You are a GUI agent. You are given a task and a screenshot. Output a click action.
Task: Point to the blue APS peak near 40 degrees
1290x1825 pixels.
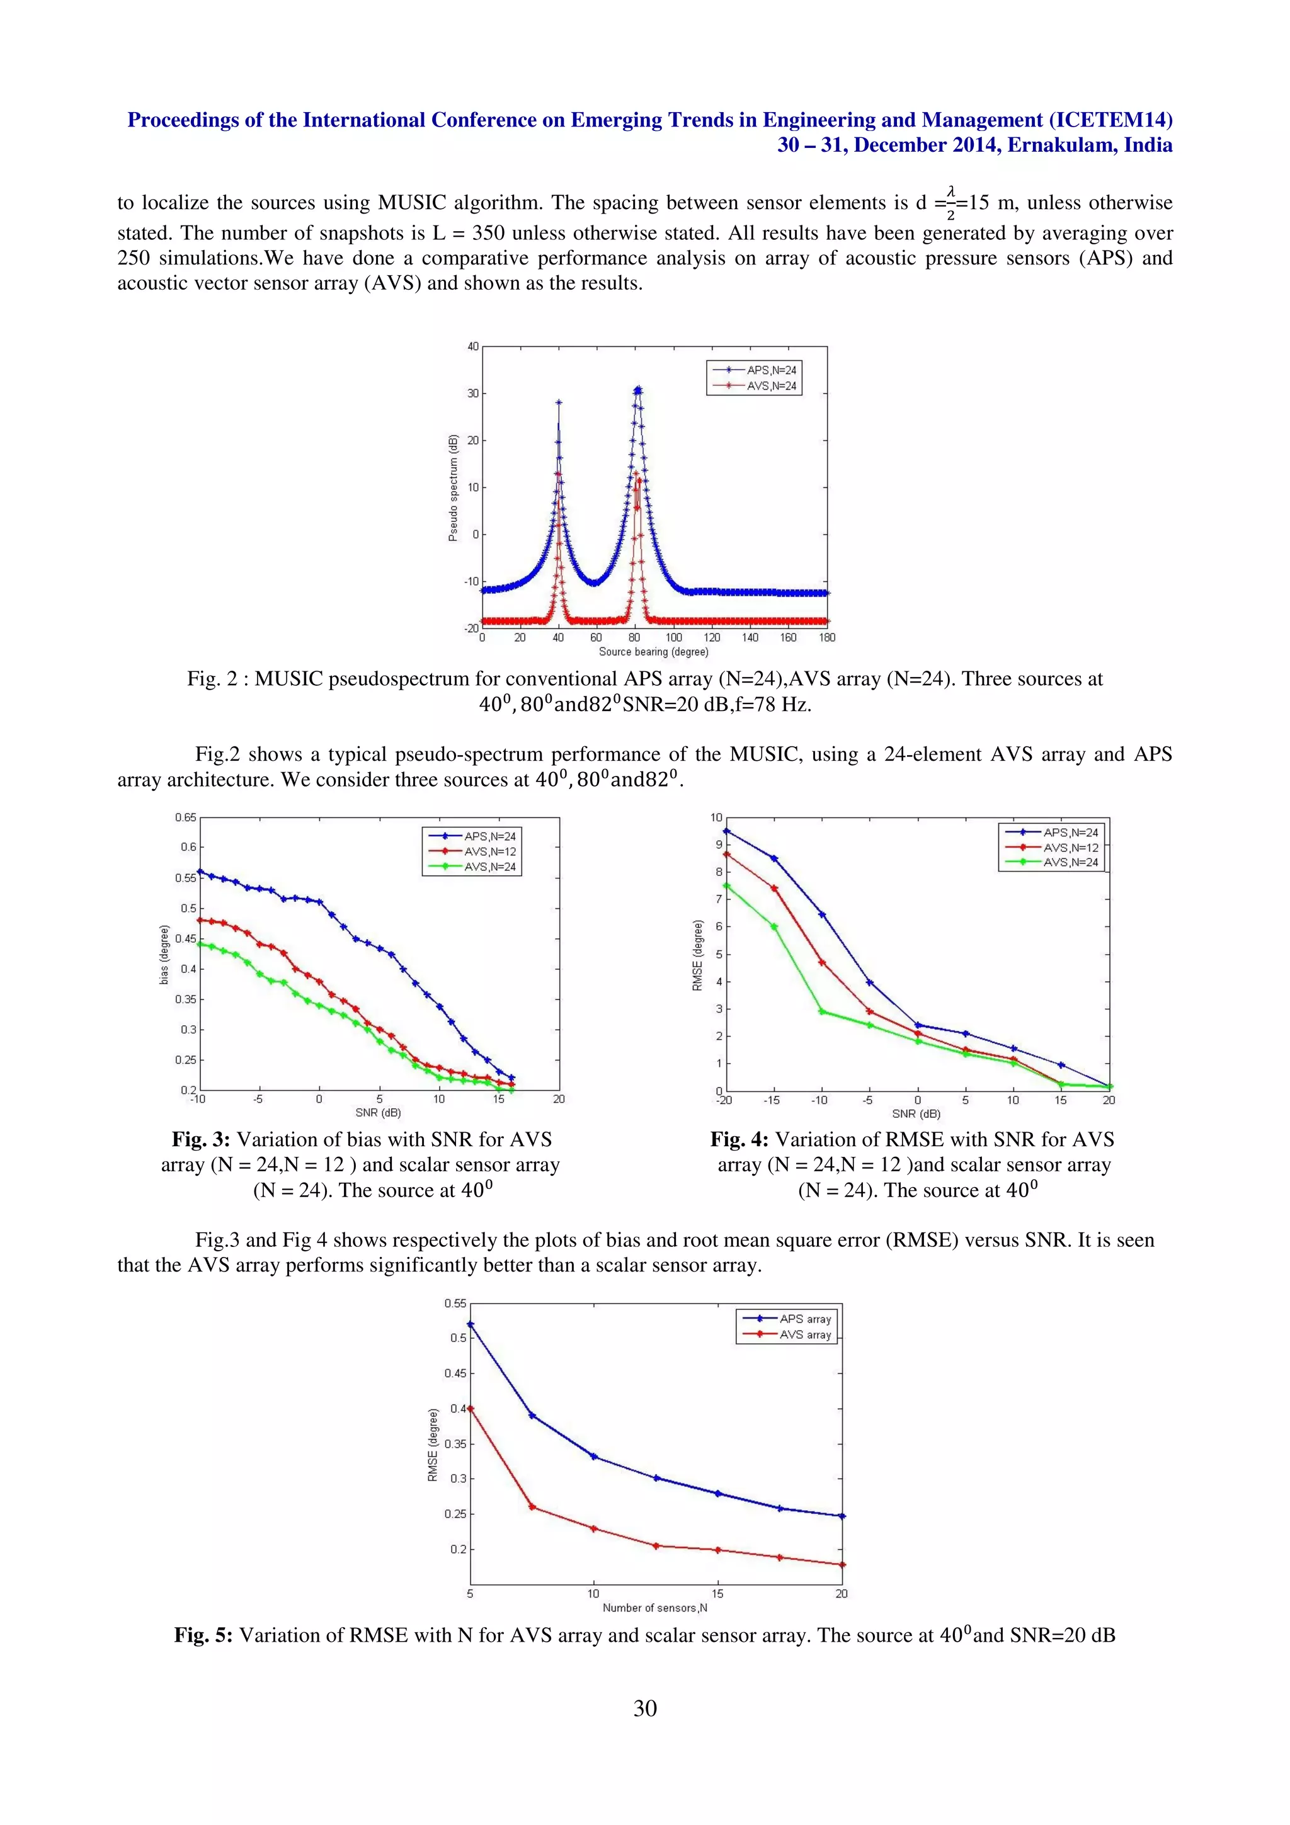(559, 403)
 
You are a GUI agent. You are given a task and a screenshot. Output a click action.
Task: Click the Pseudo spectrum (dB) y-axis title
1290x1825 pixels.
(453, 488)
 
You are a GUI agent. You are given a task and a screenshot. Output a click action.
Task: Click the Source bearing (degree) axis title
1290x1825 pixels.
(653, 652)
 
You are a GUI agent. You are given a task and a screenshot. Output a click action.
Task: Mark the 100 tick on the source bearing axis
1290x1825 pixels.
(674, 637)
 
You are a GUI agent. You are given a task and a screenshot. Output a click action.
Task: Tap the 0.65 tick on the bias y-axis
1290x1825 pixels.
(185, 817)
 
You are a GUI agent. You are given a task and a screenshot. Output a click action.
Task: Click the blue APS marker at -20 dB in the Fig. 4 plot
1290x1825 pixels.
(726, 831)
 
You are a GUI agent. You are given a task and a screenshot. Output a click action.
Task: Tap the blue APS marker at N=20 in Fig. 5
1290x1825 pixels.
(842, 1516)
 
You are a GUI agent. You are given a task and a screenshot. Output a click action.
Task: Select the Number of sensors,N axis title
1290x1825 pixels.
(655, 1608)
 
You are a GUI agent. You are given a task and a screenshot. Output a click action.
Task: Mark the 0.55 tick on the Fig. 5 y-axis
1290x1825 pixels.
(455, 1303)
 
